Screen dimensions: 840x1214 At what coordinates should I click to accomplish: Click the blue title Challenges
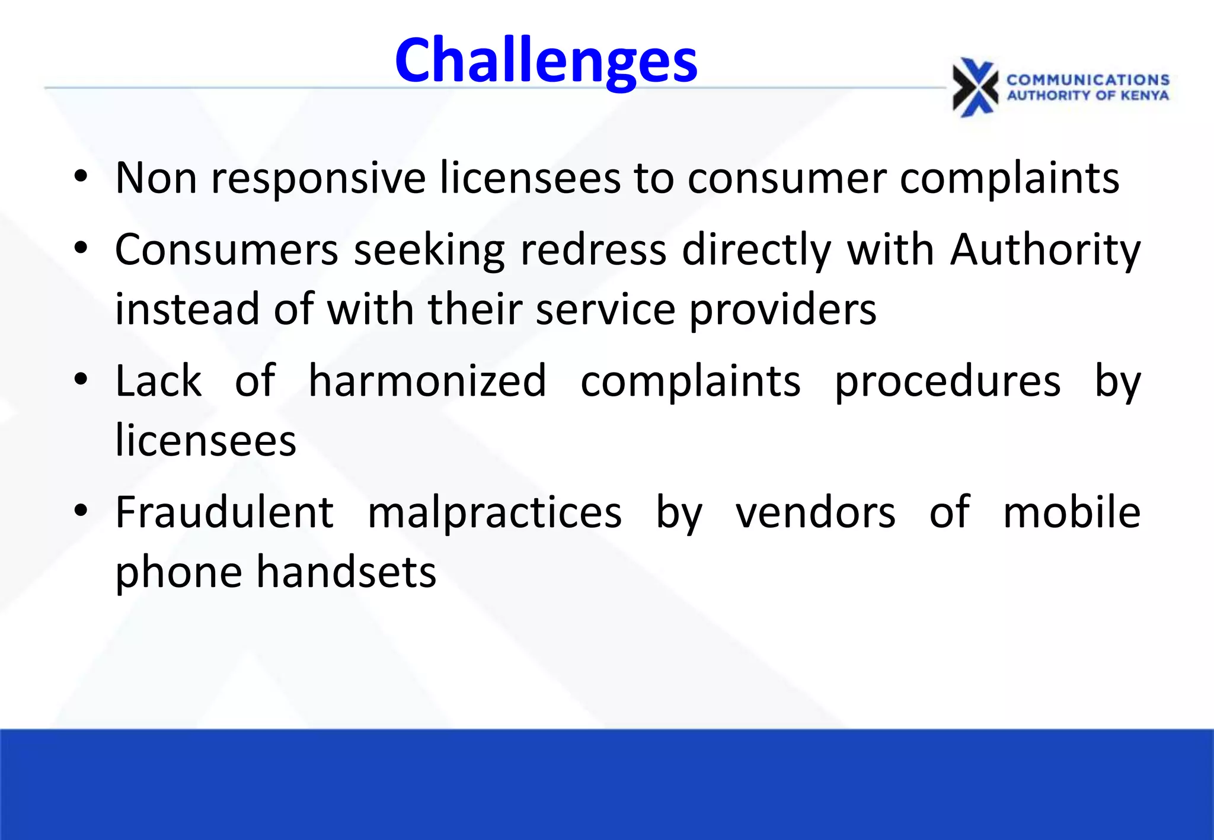tap(546, 60)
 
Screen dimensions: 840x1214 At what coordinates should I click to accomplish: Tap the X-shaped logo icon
tap(975, 88)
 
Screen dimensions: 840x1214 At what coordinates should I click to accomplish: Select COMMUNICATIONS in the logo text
tap(1088, 80)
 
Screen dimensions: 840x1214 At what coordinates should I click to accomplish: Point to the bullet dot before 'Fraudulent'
tap(81, 510)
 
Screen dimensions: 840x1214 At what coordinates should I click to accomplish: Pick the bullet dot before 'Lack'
tap(81, 379)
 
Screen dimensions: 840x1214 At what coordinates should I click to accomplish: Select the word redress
tap(593, 250)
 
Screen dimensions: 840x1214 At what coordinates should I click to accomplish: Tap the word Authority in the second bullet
tap(1045, 250)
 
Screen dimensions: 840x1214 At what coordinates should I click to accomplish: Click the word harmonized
tap(427, 381)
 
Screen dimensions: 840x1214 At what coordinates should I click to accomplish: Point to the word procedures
tap(947, 382)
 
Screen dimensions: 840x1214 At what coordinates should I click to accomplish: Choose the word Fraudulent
tap(225, 512)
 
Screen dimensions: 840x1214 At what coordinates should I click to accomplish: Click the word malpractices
tap(495, 513)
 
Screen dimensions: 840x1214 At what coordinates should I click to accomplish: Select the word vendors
tap(816, 512)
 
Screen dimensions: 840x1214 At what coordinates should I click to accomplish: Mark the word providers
tap(782, 310)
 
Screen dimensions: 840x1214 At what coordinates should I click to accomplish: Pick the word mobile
tap(1072, 512)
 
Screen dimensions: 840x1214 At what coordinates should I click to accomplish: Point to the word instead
tap(187, 309)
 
